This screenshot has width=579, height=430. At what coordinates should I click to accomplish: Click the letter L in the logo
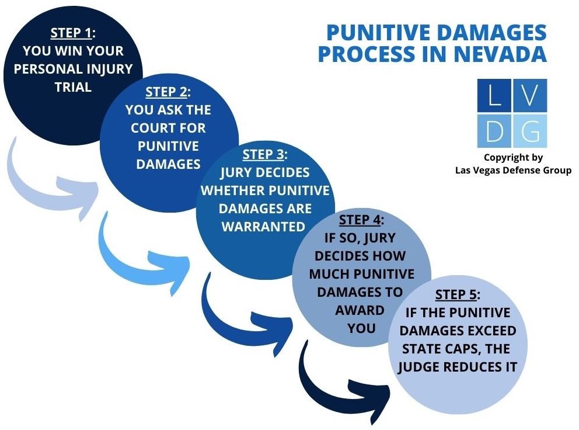[x=494, y=95]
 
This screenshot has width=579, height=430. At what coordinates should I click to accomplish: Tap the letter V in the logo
[x=529, y=95]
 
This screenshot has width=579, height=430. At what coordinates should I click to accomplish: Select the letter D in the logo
[x=494, y=131]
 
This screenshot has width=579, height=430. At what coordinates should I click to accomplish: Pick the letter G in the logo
[x=529, y=131]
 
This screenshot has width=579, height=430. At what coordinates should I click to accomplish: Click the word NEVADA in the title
[x=500, y=54]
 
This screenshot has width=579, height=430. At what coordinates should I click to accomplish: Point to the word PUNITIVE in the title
[x=381, y=32]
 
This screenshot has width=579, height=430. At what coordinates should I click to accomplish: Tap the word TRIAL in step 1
[x=73, y=87]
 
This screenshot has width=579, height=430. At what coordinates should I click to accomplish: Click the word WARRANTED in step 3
[x=263, y=227]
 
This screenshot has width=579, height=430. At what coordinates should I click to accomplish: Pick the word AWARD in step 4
[x=360, y=310]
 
